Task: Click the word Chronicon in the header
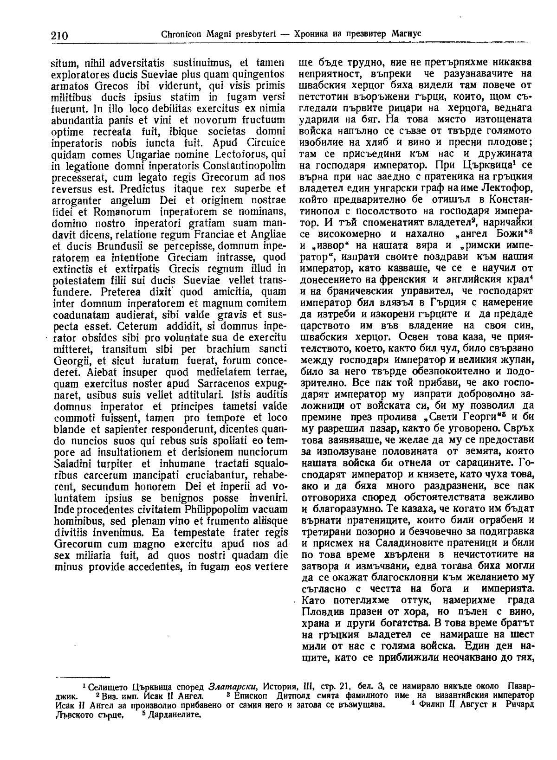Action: pos(179,34)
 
